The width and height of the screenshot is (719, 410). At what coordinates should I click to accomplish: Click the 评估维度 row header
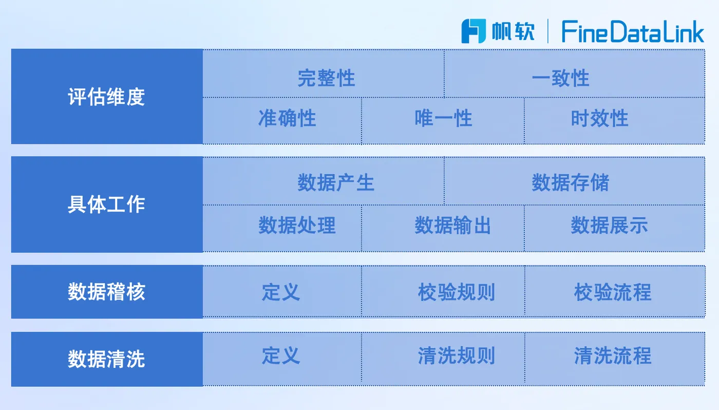(107, 96)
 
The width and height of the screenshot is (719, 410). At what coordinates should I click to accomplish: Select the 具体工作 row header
(107, 204)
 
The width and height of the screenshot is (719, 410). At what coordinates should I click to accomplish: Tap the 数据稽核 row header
(107, 291)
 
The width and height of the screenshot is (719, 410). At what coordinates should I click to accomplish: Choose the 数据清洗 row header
(107, 359)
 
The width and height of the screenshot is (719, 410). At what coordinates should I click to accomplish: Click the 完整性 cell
(324, 73)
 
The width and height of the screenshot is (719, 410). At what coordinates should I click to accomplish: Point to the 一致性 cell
(575, 73)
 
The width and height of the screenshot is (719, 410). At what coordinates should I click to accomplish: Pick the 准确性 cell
(282, 121)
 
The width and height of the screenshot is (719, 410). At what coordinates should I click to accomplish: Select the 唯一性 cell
(443, 121)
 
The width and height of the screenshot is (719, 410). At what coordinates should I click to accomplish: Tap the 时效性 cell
(615, 121)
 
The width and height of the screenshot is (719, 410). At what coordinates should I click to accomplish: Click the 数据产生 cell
(324, 181)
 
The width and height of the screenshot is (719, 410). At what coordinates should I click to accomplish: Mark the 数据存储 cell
(575, 181)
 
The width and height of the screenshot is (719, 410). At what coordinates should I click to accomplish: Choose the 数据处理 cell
(282, 228)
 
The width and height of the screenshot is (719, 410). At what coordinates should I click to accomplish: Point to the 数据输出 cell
(443, 228)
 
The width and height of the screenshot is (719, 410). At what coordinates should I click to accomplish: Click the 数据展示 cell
(615, 228)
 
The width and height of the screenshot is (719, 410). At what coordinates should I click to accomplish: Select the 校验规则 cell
(443, 291)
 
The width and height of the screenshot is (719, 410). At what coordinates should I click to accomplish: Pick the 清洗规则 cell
(443, 359)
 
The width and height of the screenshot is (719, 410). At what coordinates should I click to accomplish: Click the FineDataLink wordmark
(633, 31)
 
